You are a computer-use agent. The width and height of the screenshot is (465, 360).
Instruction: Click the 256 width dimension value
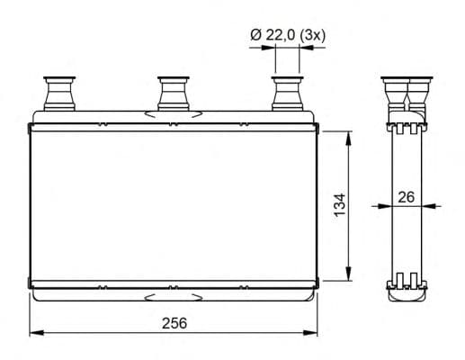[174, 323]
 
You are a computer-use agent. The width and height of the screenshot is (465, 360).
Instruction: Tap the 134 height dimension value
[340, 205]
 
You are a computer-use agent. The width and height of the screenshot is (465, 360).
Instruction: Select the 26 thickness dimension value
[407, 197]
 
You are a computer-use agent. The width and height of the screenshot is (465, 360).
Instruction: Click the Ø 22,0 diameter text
[273, 35]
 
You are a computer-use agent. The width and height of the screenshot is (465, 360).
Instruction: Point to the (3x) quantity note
[312, 36]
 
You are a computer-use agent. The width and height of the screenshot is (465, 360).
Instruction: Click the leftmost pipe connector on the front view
[59, 94]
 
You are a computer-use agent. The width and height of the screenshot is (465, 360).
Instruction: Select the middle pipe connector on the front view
[174, 94]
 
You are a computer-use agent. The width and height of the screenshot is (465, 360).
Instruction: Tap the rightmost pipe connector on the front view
[288, 94]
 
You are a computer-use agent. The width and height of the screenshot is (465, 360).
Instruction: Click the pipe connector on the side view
[407, 94]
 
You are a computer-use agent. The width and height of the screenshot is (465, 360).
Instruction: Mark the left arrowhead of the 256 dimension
[37, 333]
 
